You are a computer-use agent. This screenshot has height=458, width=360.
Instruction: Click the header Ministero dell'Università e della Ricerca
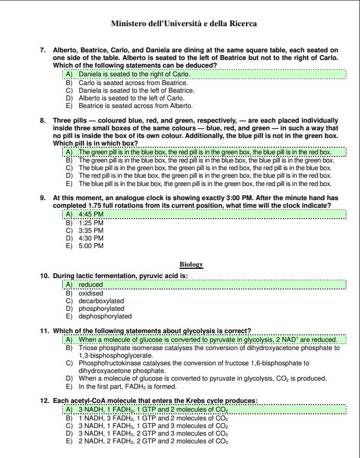(x=184, y=24)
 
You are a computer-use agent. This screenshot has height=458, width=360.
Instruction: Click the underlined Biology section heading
(x=191, y=264)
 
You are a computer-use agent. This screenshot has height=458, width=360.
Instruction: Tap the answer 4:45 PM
(x=91, y=215)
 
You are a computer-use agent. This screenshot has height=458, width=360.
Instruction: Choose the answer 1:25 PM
(x=91, y=223)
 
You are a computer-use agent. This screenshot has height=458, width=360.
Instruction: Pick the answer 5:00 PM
(x=91, y=246)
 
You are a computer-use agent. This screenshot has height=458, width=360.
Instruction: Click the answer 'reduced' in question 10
(x=91, y=285)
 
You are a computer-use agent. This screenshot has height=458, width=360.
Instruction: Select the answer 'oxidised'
(x=91, y=293)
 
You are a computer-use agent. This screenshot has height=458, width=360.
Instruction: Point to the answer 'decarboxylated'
(x=101, y=300)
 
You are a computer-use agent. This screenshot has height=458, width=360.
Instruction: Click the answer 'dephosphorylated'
(x=105, y=316)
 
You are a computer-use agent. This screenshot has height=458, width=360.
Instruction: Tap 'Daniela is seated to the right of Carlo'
(x=134, y=74)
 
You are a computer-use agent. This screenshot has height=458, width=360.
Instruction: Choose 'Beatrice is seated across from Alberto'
(x=135, y=106)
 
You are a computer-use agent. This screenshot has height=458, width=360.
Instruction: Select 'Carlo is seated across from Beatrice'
(x=133, y=82)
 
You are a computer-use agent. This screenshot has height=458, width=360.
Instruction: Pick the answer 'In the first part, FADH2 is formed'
(x=128, y=387)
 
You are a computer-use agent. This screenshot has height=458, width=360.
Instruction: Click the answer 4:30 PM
(x=91, y=238)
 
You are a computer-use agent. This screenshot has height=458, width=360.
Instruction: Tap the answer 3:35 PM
(x=91, y=231)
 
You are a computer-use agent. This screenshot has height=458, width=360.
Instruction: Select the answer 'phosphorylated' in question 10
(x=101, y=308)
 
